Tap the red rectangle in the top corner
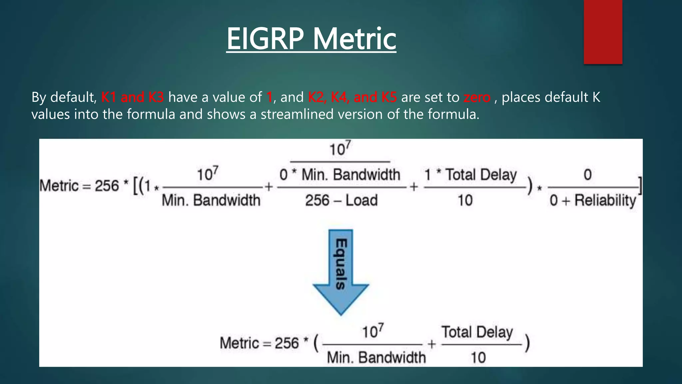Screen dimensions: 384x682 [603, 32]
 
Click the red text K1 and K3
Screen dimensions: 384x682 [132, 97]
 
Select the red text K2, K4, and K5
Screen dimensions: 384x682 [352, 97]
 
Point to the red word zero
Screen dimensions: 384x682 [477, 97]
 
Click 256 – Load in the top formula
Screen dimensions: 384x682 [341, 200]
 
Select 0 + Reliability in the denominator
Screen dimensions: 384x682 [592, 200]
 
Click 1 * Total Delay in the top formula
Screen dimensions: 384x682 [470, 175]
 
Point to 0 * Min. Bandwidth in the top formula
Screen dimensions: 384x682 [340, 175]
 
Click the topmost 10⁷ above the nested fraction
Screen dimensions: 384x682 [340, 149]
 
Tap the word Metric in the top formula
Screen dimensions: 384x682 [59, 186]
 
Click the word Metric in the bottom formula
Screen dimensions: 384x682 [239, 343]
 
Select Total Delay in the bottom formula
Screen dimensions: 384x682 [477, 332]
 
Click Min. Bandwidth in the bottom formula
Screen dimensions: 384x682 [376, 358]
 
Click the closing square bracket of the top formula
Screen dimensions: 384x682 [640, 186]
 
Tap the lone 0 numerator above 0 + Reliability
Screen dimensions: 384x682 [587, 175]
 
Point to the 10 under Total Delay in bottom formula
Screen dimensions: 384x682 [478, 358]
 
